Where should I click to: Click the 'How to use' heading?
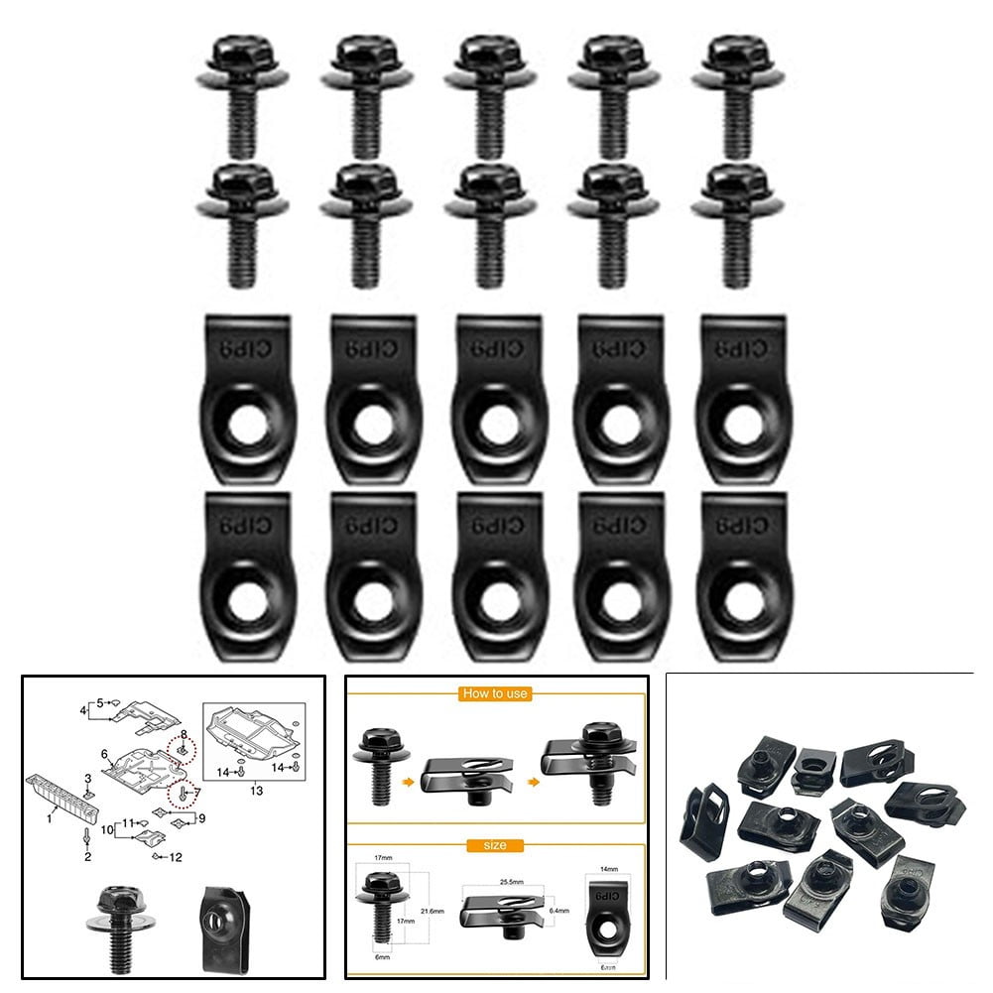click(x=495, y=693)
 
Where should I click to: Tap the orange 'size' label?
click(x=496, y=845)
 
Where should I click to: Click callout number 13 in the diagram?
click(x=257, y=791)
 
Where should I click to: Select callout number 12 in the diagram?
click(x=177, y=856)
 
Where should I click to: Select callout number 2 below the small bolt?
click(x=87, y=856)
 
